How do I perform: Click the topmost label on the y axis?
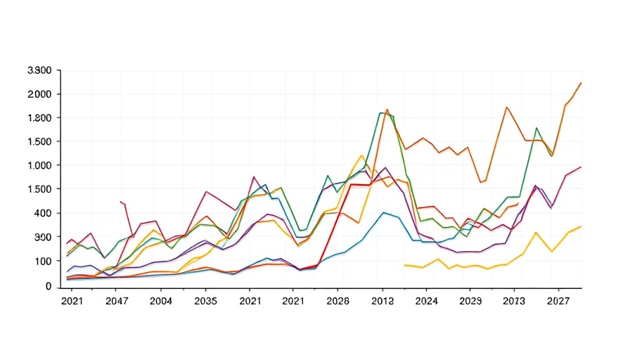click(x=39, y=70)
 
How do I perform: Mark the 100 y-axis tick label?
click(x=43, y=261)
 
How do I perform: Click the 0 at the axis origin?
click(x=49, y=286)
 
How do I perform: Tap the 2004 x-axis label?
click(x=161, y=301)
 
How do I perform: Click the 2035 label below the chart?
click(x=205, y=301)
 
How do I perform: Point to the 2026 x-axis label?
click(x=337, y=301)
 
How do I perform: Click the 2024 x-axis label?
click(x=426, y=301)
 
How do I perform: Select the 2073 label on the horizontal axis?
click(x=514, y=301)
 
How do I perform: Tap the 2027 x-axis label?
click(x=558, y=301)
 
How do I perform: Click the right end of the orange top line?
click(x=581, y=82)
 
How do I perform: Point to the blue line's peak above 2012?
click(x=384, y=212)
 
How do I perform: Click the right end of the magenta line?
click(x=581, y=167)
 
